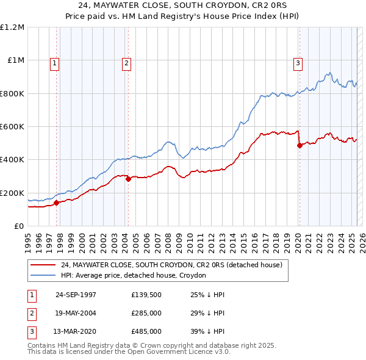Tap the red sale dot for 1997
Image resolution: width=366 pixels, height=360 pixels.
click(x=56, y=203)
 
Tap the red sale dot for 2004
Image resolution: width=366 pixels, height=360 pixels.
click(x=128, y=179)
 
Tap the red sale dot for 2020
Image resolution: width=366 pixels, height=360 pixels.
click(x=300, y=145)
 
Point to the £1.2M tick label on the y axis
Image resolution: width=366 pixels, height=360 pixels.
click(x=12, y=27)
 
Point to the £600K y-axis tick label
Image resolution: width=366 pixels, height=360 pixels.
click(x=12, y=127)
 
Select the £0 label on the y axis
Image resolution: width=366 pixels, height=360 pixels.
click(x=18, y=226)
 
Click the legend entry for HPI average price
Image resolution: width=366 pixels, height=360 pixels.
click(x=133, y=276)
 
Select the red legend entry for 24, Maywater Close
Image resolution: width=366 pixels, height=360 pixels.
click(x=171, y=265)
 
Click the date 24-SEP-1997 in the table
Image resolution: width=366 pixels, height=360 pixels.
click(x=76, y=295)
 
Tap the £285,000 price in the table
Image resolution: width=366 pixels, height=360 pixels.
click(x=146, y=313)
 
